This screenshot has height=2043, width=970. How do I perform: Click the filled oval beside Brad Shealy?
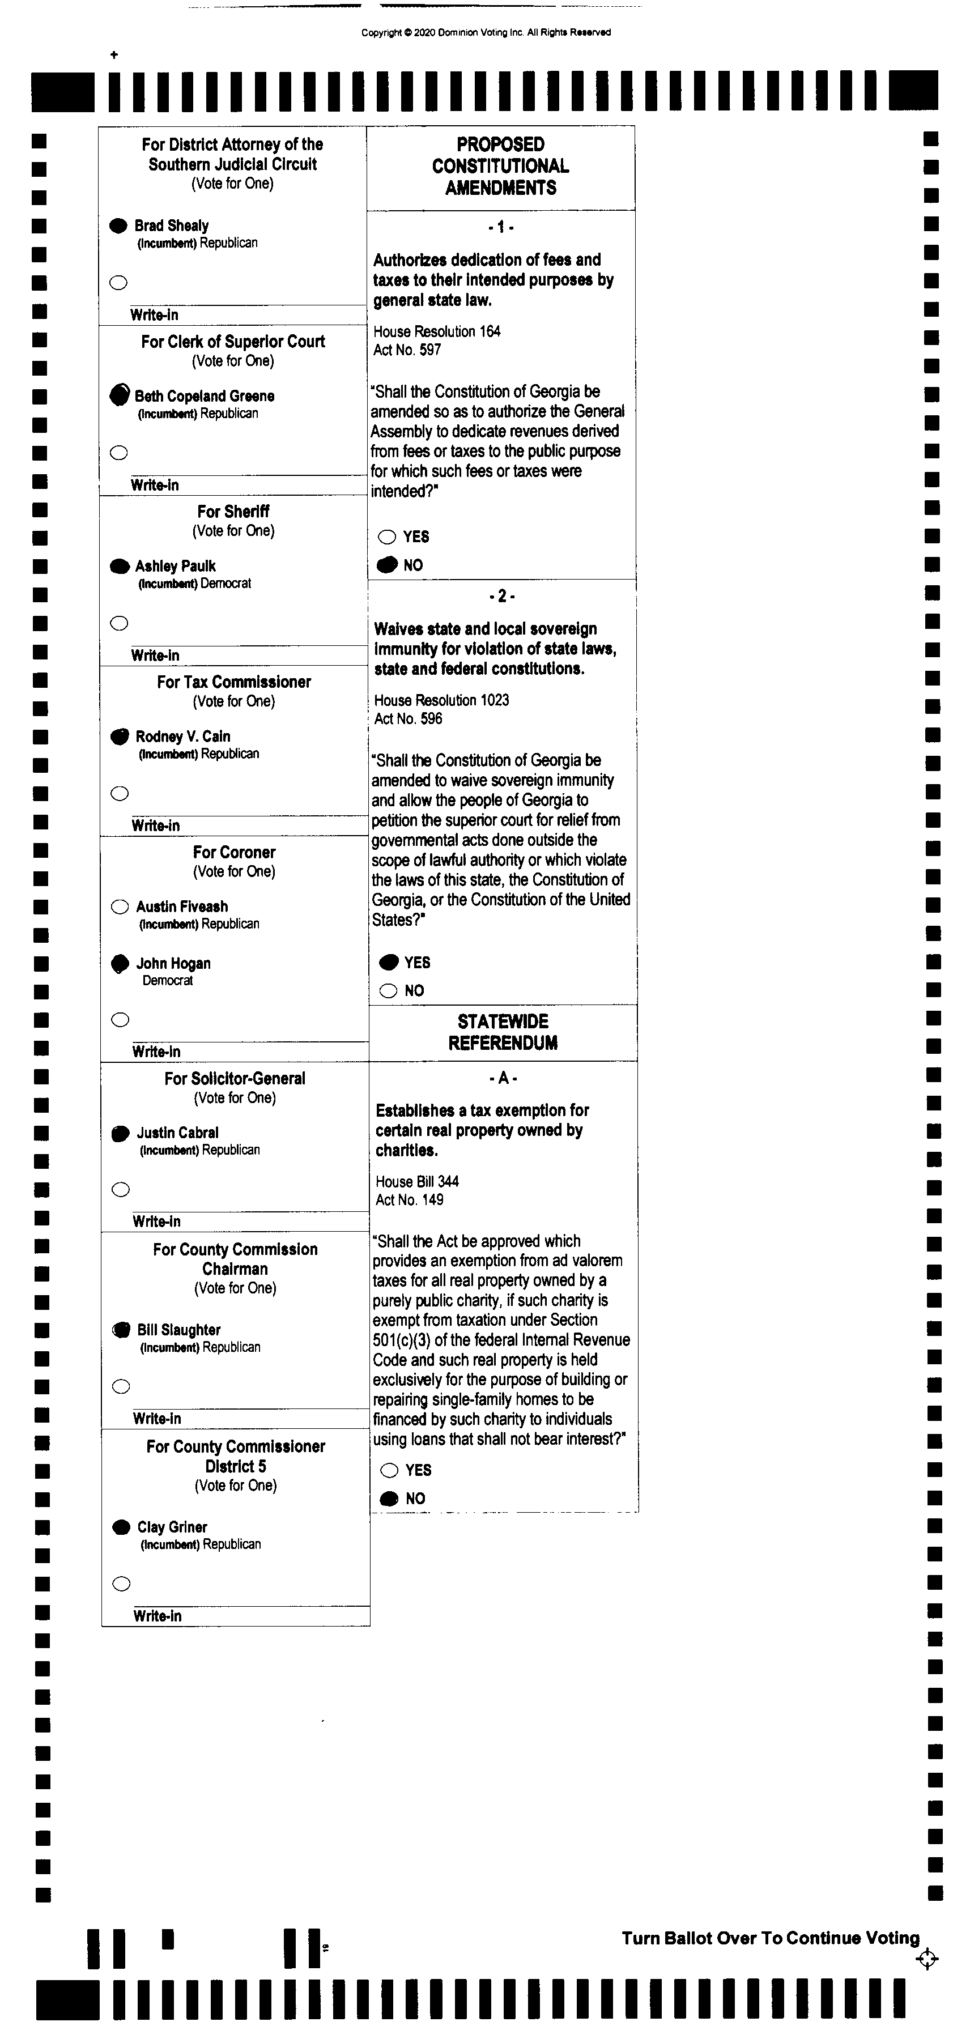pos(118,226)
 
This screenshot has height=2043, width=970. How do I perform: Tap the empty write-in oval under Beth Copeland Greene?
pos(119,453)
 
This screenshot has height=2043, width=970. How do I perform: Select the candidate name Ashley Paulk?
pos(175,566)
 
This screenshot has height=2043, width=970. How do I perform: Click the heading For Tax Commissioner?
pos(234,682)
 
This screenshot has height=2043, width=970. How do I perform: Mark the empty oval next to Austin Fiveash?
pos(120,906)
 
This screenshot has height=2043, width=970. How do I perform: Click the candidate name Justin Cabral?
pos(178,1133)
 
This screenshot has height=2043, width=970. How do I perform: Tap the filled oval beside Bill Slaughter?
pos(121,1330)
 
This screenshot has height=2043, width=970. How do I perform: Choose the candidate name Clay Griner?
pos(172,1527)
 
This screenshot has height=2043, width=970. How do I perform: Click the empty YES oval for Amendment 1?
pos(387,537)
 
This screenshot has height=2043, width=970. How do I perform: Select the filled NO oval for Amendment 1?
pos(387,565)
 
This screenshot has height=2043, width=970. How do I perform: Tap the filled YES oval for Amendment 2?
pos(389,963)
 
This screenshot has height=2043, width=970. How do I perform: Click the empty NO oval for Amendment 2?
pos(389,990)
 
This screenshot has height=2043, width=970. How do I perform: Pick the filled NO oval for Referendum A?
pos(389,1498)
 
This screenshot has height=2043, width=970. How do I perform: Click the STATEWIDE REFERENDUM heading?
pos(503,1032)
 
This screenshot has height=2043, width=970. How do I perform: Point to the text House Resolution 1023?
pos(442,700)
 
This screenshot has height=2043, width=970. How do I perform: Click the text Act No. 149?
pos(409,1200)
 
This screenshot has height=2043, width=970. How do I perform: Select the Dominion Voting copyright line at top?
pos(486,32)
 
